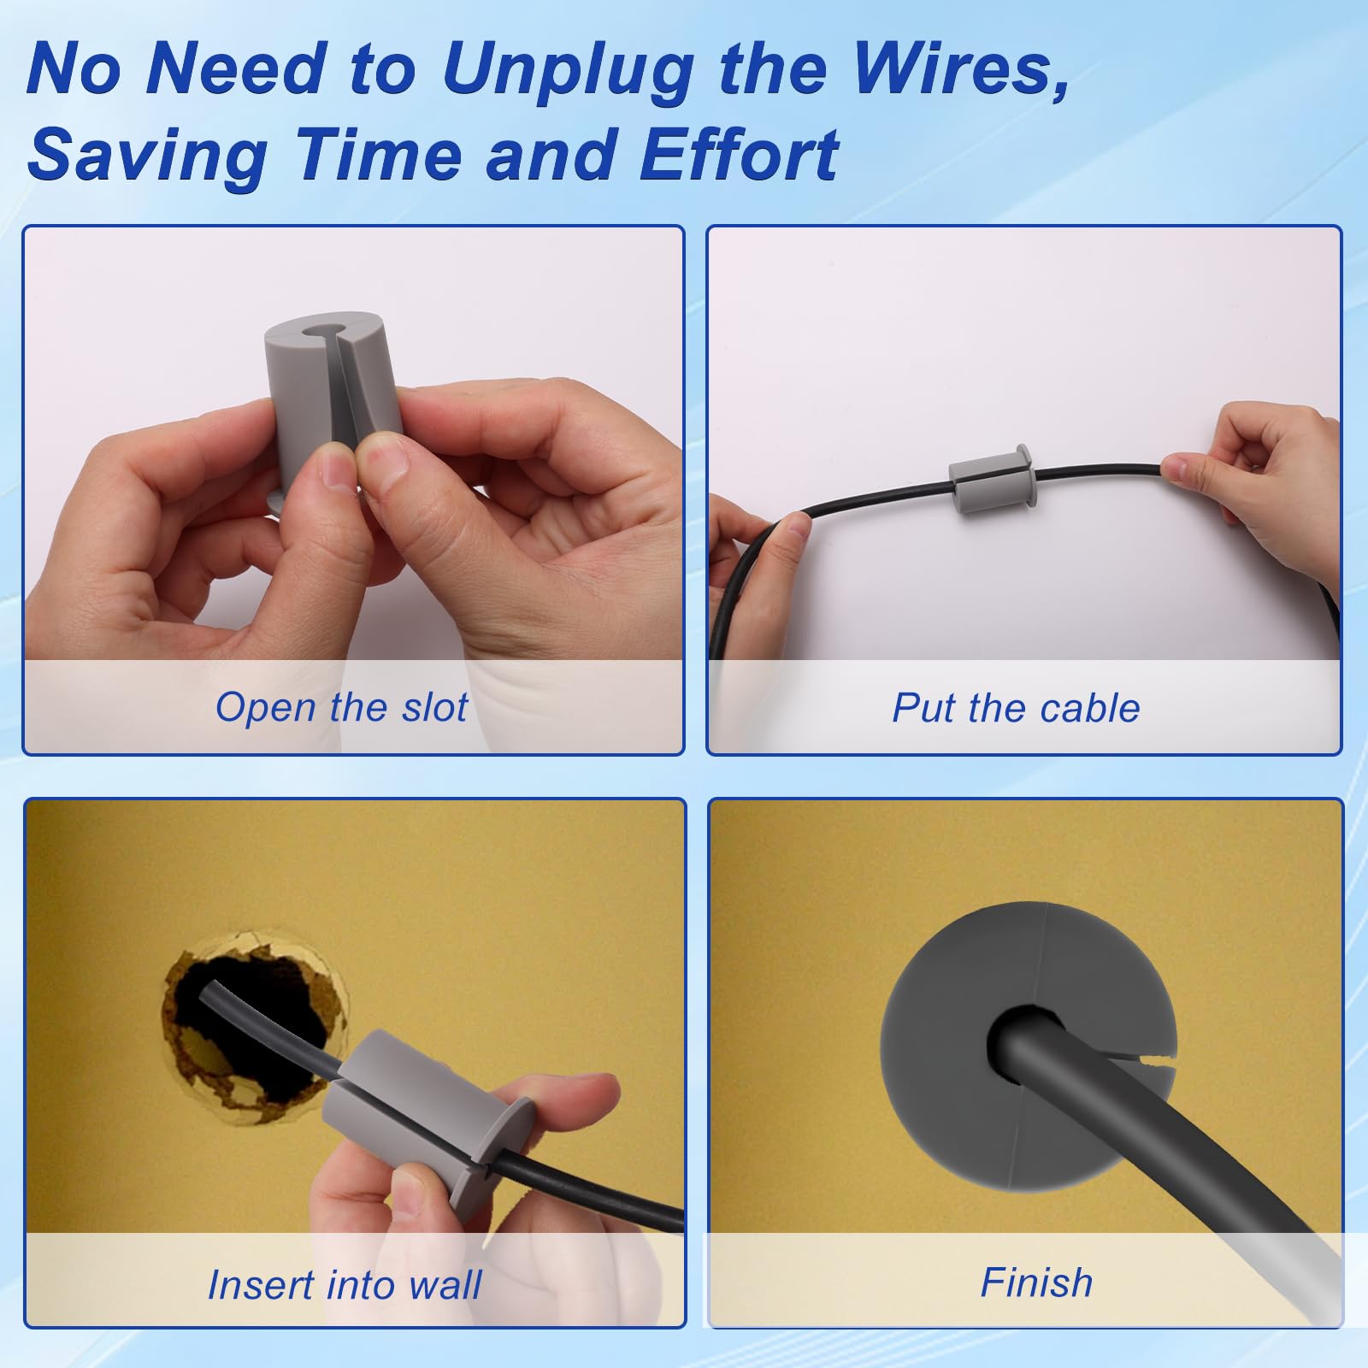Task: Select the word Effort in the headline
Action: tap(739, 156)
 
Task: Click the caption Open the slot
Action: tap(341, 707)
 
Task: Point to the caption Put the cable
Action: tap(1015, 708)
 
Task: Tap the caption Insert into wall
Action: tap(344, 1284)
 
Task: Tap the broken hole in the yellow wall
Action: tap(248, 1026)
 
